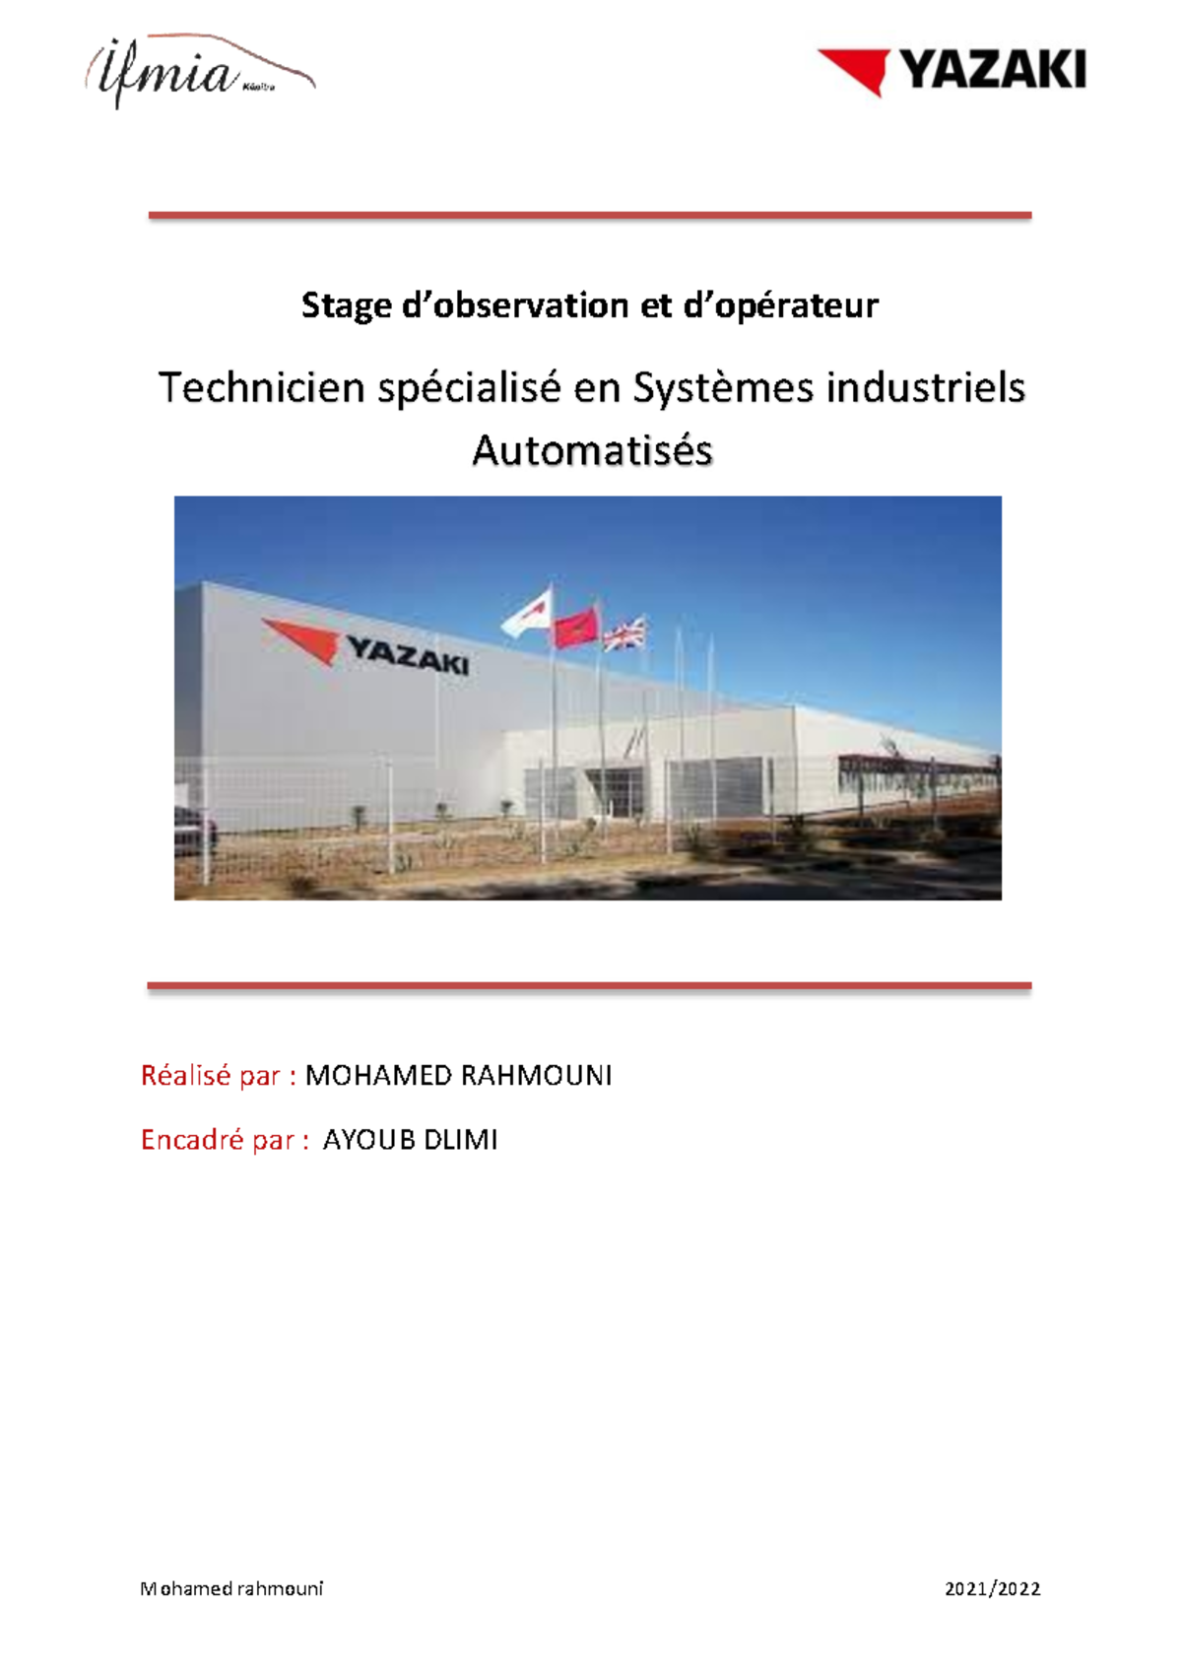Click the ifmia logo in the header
(200, 71)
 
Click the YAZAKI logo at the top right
(952, 72)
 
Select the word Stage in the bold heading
(346, 306)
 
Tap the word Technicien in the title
(261, 388)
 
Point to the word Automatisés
(593, 450)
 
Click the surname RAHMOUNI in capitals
(536, 1075)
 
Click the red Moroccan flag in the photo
(575, 629)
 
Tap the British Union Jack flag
(624, 635)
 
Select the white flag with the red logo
(528, 613)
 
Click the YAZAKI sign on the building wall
(365, 646)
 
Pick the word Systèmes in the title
(723, 388)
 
